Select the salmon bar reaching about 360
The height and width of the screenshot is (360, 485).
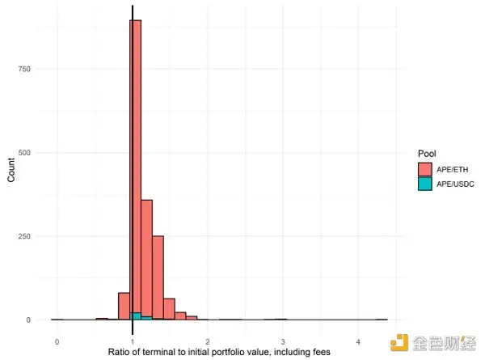coord(147,259)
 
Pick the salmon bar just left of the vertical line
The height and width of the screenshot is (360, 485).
coord(124,307)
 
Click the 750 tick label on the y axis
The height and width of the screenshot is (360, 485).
coord(27,70)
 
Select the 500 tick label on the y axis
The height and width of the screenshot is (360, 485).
coord(27,153)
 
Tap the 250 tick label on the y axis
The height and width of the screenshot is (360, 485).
coord(27,236)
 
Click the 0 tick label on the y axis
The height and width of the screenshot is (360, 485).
coord(31,320)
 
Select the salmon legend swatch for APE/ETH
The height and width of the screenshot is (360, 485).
coord(424,169)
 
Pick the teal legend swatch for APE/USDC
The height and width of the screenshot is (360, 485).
coord(424,184)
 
